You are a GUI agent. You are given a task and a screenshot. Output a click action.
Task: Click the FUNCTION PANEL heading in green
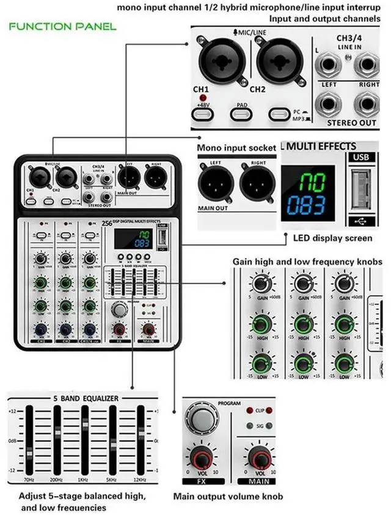(62, 27)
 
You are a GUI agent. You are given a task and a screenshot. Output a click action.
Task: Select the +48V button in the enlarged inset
(202, 114)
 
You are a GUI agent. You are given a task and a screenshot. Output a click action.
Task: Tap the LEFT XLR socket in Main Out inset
(215, 182)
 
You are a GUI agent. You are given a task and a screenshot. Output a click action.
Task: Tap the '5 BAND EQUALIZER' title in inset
(85, 398)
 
